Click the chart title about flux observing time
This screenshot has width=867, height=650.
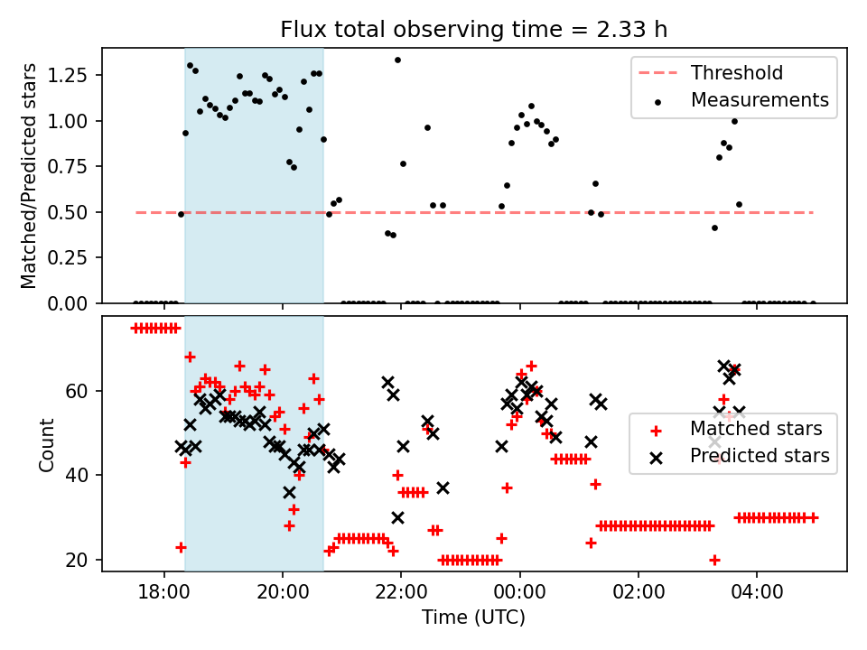coord(473,29)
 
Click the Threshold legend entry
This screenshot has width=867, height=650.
coord(736,73)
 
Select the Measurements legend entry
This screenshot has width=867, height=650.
coord(759,100)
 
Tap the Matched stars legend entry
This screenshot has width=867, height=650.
coord(756,428)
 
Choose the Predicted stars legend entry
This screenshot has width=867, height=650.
coord(759,456)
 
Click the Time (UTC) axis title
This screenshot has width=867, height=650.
coord(473,618)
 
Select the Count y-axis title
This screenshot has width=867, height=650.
coord(46,444)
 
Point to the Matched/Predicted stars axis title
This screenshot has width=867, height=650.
coord(29,176)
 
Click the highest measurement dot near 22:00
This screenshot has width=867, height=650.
coord(397,60)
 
